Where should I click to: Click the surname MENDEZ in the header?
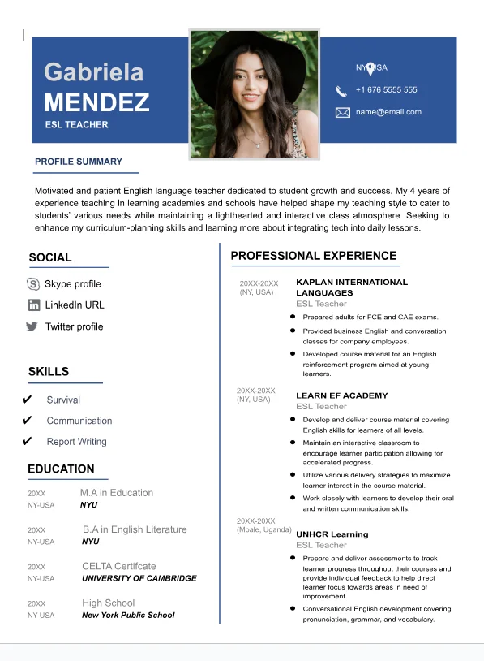tap(96, 102)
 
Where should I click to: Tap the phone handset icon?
tap(341, 90)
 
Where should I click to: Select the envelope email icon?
tap(342, 112)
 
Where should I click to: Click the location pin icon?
tap(370, 68)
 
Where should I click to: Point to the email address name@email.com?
tap(388, 112)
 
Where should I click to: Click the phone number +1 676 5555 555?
tap(386, 90)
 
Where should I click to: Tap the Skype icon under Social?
tap(33, 284)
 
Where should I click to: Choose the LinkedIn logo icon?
tap(33, 305)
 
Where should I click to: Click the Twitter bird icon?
tap(32, 326)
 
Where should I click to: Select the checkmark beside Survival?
tap(27, 400)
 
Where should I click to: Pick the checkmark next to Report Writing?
tap(27, 442)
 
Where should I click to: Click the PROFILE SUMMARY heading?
tap(79, 162)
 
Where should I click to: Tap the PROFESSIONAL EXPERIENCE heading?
tap(314, 256)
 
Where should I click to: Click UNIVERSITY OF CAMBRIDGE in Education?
tap(139, 578)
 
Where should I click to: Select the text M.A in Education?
tap(116, 493)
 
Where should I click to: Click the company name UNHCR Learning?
tap(332, 534)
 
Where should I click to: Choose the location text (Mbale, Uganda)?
tap(263, 529)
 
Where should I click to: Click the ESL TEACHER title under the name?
tap(76, 125)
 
